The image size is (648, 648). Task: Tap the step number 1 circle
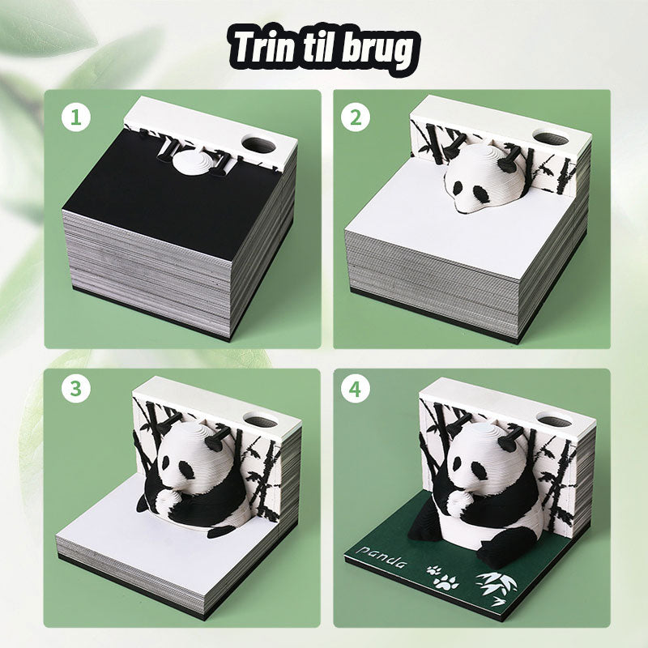click(x=76, y=117)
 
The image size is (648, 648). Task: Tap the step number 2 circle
click(x=355, y=117)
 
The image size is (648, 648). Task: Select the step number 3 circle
click(x=76, y=390)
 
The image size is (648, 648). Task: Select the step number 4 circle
click(x=355, y=390)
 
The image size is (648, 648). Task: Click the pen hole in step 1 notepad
click(x=258, y=145)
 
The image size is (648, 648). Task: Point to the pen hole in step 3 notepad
click(x=263, y=421)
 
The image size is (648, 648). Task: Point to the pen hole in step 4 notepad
click(x=553, y=420)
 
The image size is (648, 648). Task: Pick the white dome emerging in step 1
click(x=195, y=160)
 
